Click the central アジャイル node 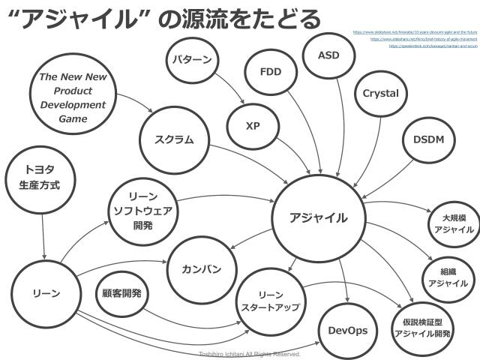[x=319, y=218]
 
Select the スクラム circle [x=174, y=139]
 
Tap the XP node [x=252, y=126]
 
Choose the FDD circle [x=270, y=73]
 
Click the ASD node [x=328, y=55]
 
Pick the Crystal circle [x=380, y=94]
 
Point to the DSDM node [x=428, y=140]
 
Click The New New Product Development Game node [x=73, y=97]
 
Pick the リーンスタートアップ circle [x=270, y=301]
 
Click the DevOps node [x=348, y=331]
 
